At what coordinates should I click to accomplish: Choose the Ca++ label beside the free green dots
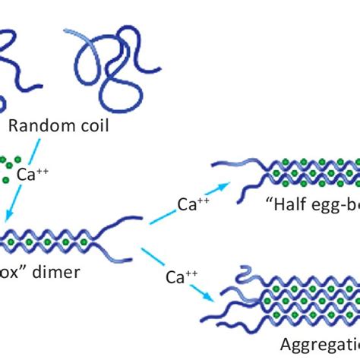click(x=33, y=175)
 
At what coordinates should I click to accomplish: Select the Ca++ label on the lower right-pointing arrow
click(x=179, y=278)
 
